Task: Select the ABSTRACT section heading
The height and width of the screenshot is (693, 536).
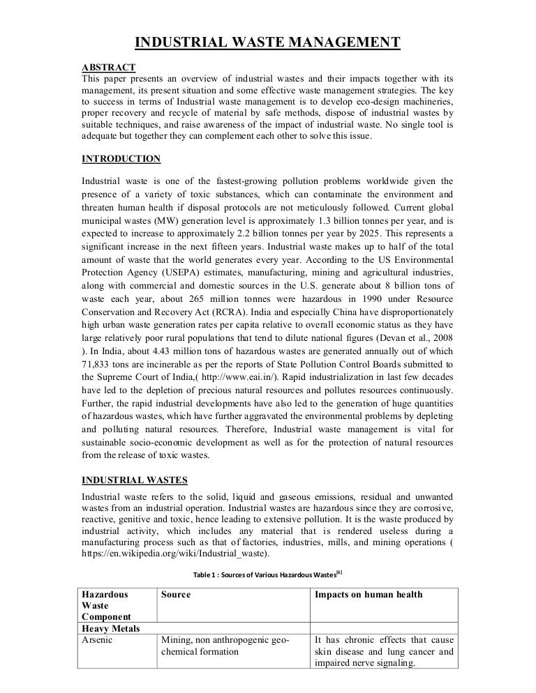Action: point(109,67)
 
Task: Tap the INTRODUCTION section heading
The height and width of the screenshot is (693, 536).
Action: point(121,158)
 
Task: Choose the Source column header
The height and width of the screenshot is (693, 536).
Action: point(176,595)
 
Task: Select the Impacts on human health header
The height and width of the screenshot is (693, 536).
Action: point(368,595)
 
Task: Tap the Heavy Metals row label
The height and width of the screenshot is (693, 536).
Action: point(111,629)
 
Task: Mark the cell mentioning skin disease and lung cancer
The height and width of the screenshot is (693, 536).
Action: point(384,651)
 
